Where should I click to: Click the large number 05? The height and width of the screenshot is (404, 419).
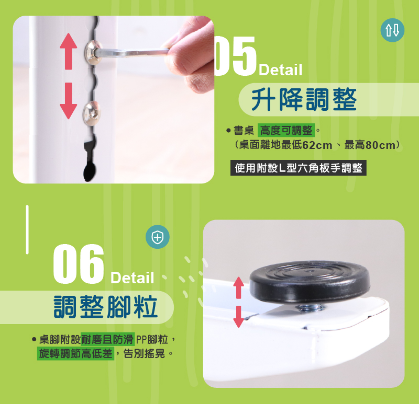235,56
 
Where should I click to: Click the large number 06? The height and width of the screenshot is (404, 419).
78,264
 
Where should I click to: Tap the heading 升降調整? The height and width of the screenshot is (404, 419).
304,99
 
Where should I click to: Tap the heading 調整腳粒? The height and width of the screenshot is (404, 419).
106,307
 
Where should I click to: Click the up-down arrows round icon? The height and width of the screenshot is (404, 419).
392,30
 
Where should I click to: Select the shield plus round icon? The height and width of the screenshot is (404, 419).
158,237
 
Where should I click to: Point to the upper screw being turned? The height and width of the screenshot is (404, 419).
93,52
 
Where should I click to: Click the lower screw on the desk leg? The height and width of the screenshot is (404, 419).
92,113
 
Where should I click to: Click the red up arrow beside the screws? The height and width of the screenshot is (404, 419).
69,51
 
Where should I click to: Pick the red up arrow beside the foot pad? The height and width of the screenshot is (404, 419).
239,288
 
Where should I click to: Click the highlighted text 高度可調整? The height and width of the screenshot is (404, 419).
286,131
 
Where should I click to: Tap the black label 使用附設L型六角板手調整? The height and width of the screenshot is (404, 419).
298,168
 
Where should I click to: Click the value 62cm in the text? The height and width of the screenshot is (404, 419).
317,145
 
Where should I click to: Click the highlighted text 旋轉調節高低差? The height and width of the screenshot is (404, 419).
75,354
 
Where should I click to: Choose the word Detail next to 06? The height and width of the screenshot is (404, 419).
133,278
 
